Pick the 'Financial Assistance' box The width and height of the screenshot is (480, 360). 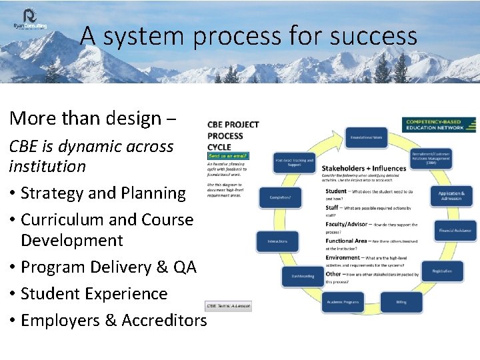456,231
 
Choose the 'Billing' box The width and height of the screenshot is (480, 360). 401,302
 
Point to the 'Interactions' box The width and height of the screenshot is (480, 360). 277,241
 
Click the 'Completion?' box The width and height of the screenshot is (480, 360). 279,197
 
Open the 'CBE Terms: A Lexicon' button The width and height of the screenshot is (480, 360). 227,306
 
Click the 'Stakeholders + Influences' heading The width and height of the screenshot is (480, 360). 363,168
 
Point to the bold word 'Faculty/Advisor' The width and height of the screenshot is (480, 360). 347,225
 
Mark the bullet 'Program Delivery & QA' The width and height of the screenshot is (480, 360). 109,267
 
